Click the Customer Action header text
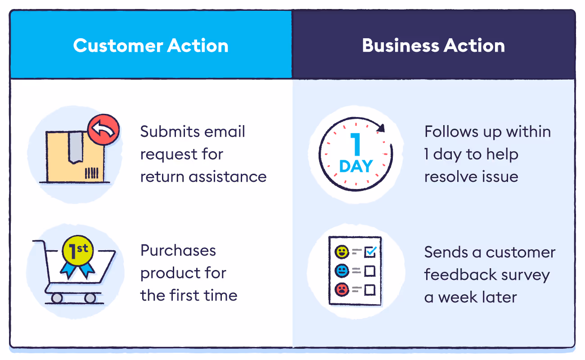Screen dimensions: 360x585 tap(151, 46)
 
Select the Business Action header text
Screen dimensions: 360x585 tap(433, 46)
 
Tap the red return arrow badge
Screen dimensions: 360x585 tap(103, 130)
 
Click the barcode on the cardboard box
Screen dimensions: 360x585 tap(91, 174)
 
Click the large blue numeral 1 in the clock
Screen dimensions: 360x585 tap(356, 145)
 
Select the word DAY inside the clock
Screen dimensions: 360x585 tap(356, 166)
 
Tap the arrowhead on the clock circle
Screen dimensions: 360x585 tap(381, 128)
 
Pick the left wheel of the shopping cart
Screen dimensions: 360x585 tap(57, 298)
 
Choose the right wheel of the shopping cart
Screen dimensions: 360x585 tap(90, 298)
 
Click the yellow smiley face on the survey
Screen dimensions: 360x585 tap(342, 252)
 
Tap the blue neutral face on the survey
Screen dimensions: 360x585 tap(342, 271)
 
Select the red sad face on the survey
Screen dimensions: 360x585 tap(342, 289)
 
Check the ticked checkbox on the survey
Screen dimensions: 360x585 tap(370, 252)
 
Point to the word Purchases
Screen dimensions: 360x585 tap(178, 251)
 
